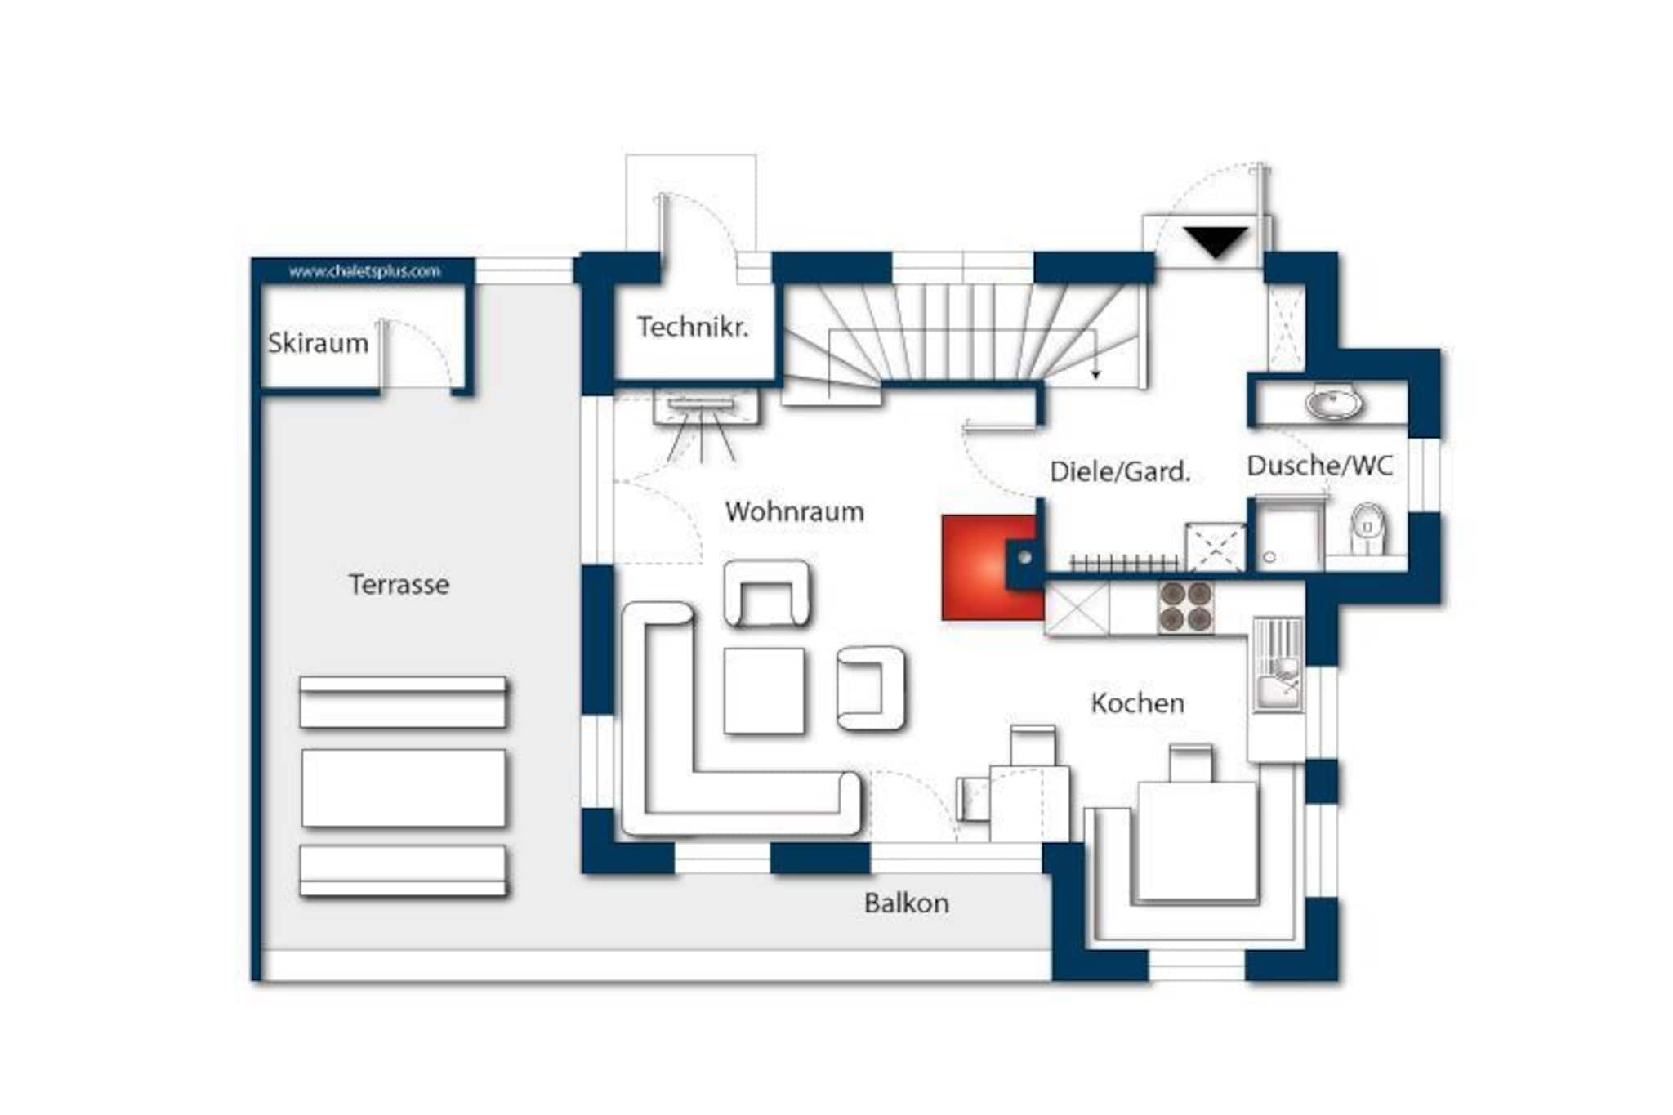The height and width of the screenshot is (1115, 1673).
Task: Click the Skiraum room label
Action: point(318,344)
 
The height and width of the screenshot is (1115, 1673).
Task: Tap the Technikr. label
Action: point(693,328)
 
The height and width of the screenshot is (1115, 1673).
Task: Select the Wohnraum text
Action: point(794,512)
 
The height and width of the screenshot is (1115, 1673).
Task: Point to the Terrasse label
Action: point(399,585)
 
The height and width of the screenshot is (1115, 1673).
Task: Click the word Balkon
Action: point(907,903)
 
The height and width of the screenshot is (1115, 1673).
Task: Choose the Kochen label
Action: point(1137,703)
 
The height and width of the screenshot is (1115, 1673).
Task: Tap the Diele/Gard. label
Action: point(1120,472)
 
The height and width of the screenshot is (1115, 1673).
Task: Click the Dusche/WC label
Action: point(1319,466)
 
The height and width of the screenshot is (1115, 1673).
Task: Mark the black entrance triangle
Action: point(1216,242)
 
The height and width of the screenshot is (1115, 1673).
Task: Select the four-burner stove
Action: point(1186,607)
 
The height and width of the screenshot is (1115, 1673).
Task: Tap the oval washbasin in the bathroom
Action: point(1333,404)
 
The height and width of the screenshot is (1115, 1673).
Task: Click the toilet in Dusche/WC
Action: point(1367,529)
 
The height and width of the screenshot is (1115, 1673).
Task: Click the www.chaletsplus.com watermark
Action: point(364,271)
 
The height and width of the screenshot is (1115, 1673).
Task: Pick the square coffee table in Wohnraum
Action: point(764,691)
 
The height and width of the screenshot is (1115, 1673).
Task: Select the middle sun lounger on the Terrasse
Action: point(404,788)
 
